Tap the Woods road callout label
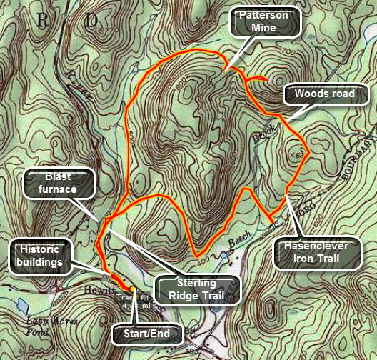coord(316,94)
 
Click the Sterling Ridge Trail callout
coord(196,289)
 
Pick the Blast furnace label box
coord(60,183)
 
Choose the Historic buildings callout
coord(46,256)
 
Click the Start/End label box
coord(149,332)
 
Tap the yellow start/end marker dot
coord(134,290)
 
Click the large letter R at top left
coord(44,21)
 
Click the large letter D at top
coord(91,21)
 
